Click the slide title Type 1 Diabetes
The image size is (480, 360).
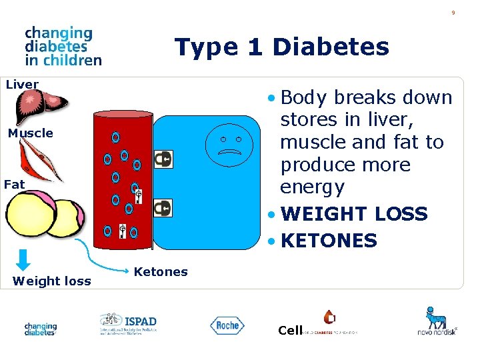[281, 47]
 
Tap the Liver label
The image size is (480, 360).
[22, 85]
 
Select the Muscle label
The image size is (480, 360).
[30, 133]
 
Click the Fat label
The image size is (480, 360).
[14, 185]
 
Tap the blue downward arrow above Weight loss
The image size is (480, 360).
[23, 259]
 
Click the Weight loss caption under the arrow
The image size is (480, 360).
[51, 281]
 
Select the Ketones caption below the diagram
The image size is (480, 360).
[161, 271]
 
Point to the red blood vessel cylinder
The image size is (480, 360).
[123, 180]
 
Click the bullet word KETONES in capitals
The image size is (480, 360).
[329, 241]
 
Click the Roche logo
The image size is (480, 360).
[227, 325]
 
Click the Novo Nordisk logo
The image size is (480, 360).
[437, 321]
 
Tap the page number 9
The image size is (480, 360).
[453, 13]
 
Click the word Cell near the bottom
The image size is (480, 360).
[290, 331]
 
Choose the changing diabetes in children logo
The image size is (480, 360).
[63, 46]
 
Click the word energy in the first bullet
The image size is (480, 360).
[312, 187]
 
